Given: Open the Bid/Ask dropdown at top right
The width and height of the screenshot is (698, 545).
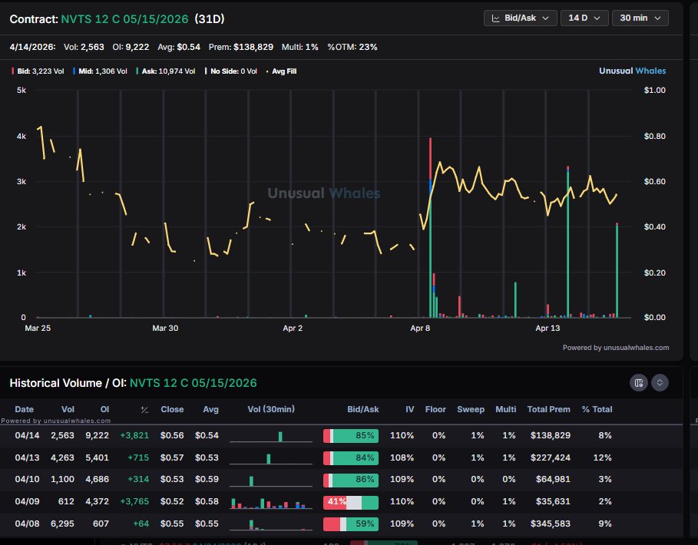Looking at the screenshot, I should [520, 18].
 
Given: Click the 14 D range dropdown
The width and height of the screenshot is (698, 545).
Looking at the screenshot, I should [584, 18].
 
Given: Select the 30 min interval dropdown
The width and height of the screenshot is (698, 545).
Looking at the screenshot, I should [639, 18].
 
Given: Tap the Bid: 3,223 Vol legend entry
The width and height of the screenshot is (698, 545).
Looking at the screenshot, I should [38, 71].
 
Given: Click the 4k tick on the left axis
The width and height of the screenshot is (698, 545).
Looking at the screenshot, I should [21, 136].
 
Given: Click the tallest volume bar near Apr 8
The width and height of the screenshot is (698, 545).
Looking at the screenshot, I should [430, 230].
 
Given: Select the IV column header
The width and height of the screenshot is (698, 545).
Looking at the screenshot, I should [410, 409].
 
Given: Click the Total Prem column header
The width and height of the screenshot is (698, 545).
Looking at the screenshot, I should [548, 409].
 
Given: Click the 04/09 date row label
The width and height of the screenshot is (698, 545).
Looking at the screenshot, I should [25, 502].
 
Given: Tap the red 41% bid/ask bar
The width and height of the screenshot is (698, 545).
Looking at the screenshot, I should [336, 502].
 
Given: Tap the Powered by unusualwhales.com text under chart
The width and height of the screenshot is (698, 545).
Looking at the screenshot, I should [615, 348].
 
